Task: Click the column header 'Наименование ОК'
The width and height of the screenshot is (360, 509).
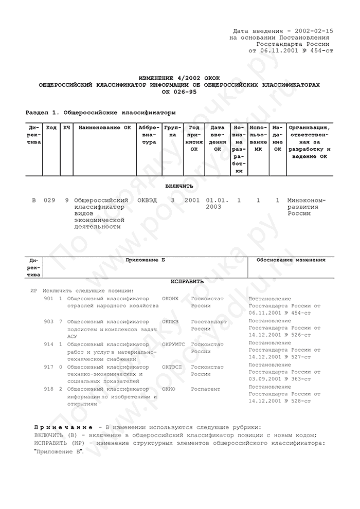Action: (102, 127)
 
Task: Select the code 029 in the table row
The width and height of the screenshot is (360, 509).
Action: (49, 200)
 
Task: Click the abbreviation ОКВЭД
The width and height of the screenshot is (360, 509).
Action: (148, 200)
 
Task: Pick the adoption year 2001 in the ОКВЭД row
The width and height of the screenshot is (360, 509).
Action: (192, 200)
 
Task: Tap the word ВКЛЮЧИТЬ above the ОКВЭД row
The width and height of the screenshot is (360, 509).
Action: (179, 186)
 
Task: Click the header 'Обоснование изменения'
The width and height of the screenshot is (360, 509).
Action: (291, 260)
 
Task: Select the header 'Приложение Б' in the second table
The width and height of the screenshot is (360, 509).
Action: (146, 260)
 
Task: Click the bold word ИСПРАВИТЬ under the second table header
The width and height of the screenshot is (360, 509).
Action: (187, 282)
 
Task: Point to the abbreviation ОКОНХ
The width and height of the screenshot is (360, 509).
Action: (170, 298)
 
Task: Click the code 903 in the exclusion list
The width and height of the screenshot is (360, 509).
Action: (49, 321)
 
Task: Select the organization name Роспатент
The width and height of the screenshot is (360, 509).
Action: (206, 389)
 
